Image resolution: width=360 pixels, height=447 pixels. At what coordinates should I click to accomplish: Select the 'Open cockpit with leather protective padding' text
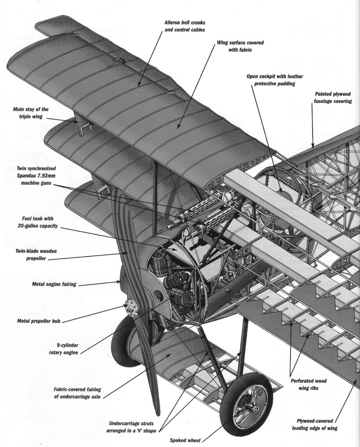pyautogui.click(x=274, y=80)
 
